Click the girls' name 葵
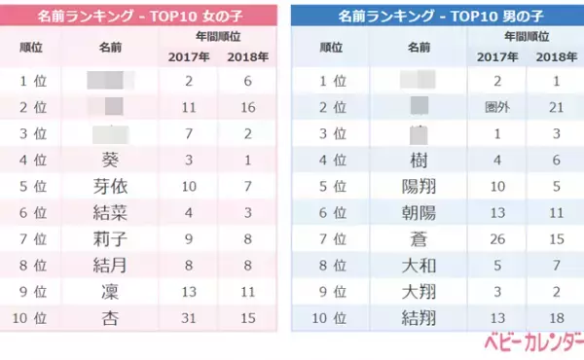click(110, 160)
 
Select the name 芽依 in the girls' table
click(110, 186)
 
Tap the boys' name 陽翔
click(420, 186)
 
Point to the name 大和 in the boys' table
click(420, 264)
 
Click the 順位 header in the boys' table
click(331, 46)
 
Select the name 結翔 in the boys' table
click(420, 316)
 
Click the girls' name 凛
click(110, 290)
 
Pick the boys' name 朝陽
click(420, 212)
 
